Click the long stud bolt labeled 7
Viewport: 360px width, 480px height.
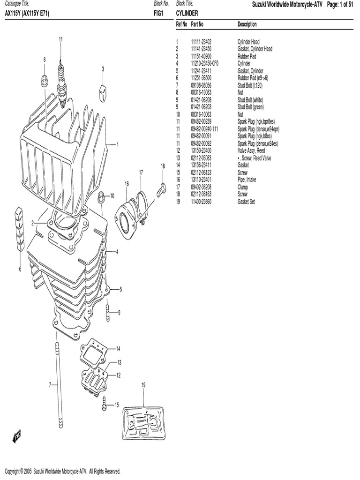tap(58, 384)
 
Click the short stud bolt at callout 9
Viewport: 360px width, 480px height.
tap(107, 310)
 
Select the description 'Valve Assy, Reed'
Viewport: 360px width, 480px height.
tap(251, 151)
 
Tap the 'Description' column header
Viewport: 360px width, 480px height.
tap(247, 24)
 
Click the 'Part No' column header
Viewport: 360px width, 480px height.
tap(197, 24)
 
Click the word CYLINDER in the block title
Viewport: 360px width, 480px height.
tap(187, 14)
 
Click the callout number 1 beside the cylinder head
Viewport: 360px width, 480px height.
tap(117, 144)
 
